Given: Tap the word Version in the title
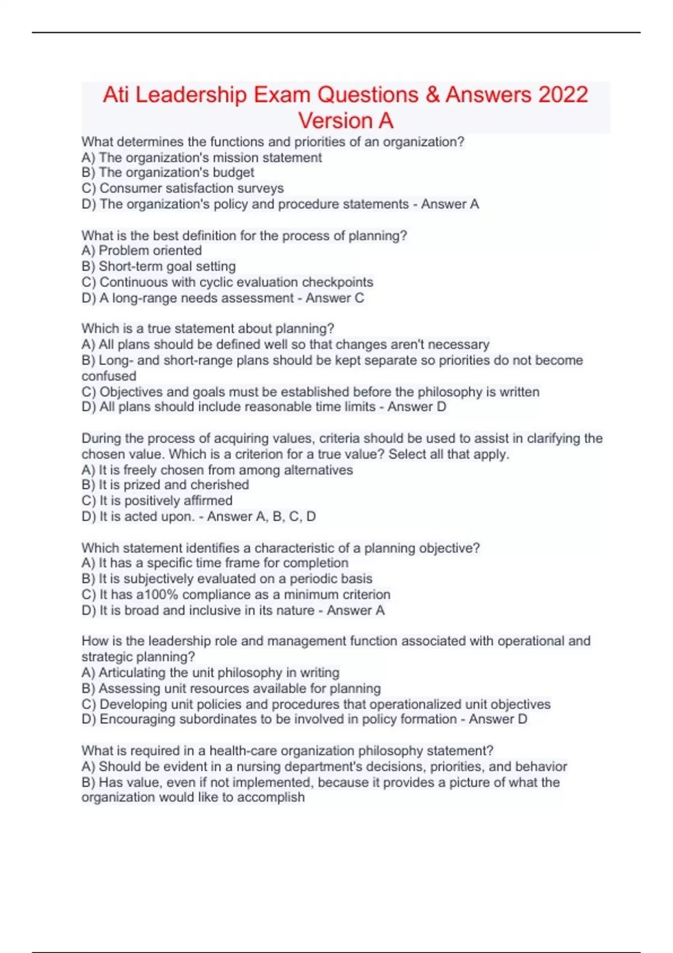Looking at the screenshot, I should click(x=335, y=121).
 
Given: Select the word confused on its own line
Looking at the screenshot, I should click(x=109, y=376).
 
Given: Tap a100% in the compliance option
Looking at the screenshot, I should click(x=157, y=594).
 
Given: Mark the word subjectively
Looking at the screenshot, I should click(x=166, y=579).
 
